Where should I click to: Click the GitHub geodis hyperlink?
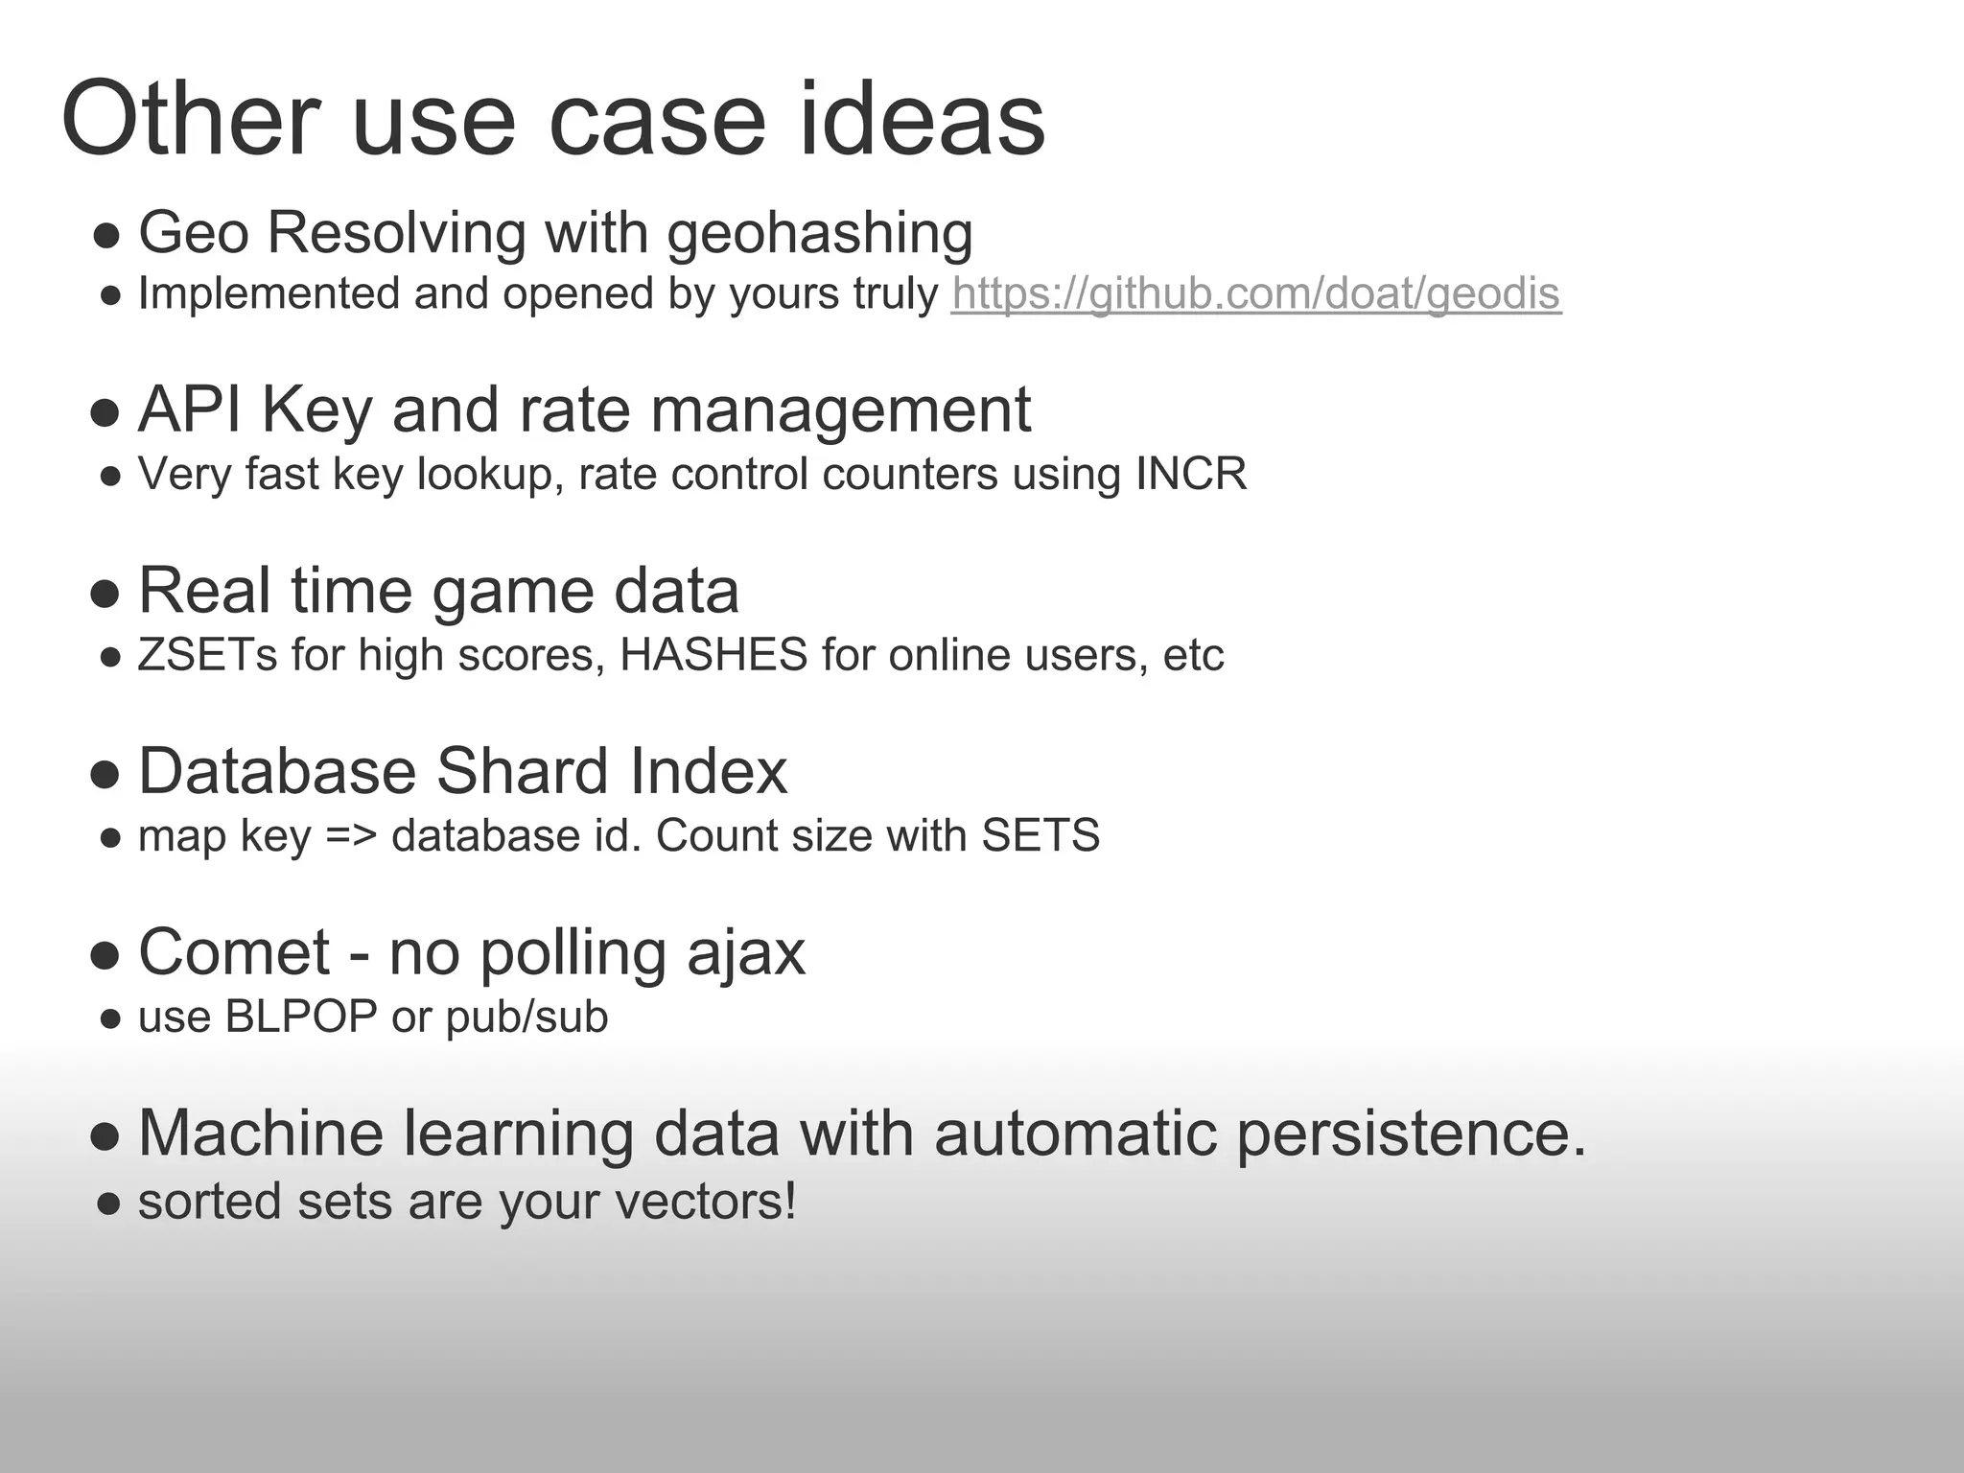[1255, 294]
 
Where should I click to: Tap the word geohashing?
[820, 233]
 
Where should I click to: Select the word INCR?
[1191, 474]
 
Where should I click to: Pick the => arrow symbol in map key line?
[351, 836]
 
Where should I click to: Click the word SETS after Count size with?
[1040, 835]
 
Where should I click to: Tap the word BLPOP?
[301, 1017]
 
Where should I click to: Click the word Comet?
[234, 952]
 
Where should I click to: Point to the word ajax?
[746, 954]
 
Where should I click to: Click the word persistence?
[1411, 1134]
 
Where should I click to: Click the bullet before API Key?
[105, 413]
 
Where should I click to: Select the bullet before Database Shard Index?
[105, 774]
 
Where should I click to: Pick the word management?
[840, 411]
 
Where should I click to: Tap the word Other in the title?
[190, 121]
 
